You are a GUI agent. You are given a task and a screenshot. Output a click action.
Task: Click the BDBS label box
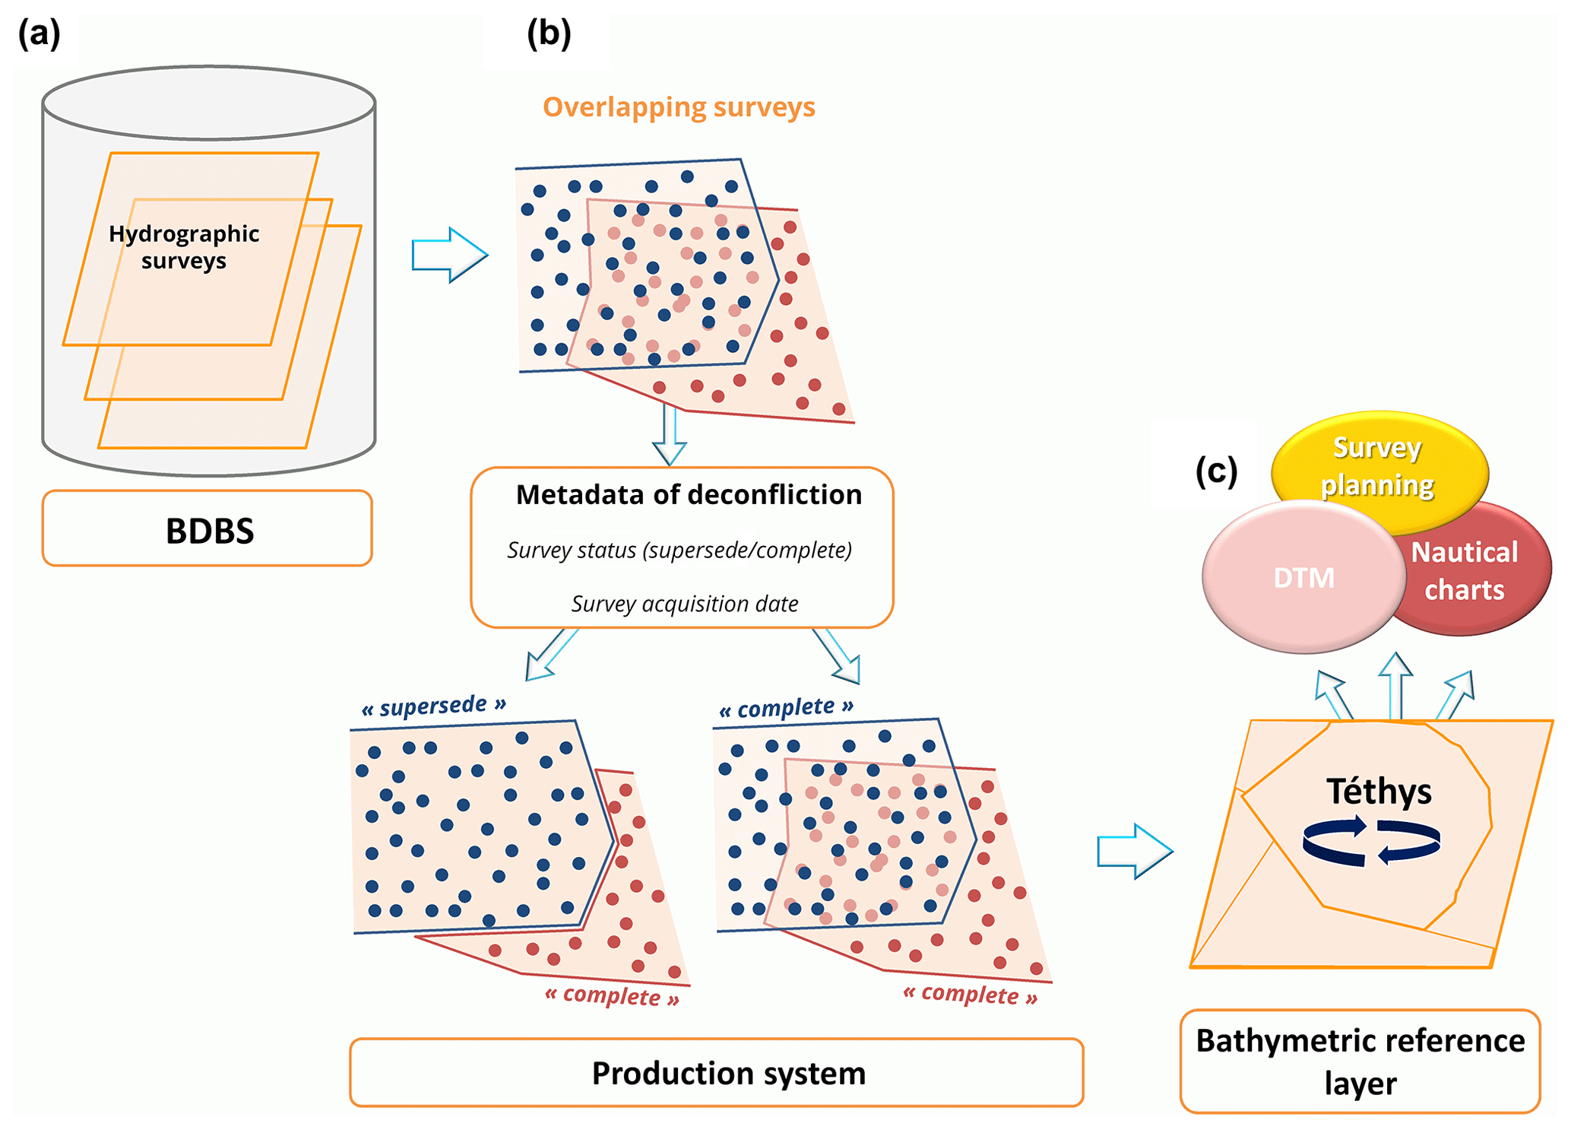click(x=207, y=529)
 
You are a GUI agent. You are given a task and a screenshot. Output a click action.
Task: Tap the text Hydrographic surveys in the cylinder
click(x=184, y=247)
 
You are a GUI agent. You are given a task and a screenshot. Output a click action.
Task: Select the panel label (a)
click(x=39, y=34)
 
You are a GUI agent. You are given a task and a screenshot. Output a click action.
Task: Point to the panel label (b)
click(x=549, y=34)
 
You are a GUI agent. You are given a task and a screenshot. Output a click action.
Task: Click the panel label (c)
click(x=1216, y=471)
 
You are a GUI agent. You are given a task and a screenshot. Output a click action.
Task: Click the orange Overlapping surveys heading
click(x=679, y=107)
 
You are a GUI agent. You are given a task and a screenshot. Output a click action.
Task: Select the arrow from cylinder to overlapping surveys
click(x=448, y=255)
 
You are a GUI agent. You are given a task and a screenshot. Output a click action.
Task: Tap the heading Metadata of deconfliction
click(x=689, y=495)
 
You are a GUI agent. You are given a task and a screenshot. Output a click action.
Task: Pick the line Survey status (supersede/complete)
click(x=679, y=550)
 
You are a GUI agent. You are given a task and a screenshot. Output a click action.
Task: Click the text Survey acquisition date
click(x=684, y=604)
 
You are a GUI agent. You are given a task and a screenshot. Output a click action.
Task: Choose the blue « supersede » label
click(x=433, y=706)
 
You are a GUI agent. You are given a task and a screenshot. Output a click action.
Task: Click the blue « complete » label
click(x=786, y=708)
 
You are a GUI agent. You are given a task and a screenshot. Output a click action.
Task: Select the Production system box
click(x=716, y=1073)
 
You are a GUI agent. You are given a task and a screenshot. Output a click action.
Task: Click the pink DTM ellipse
click(x=1303, y=578)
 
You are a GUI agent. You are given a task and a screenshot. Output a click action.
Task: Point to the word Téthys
click(x=1379, y=792)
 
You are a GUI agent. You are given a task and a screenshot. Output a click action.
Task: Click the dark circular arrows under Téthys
click(x=1371, y=841)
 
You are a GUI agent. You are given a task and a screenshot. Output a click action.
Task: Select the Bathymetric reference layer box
click(x=1360, y=1062)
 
